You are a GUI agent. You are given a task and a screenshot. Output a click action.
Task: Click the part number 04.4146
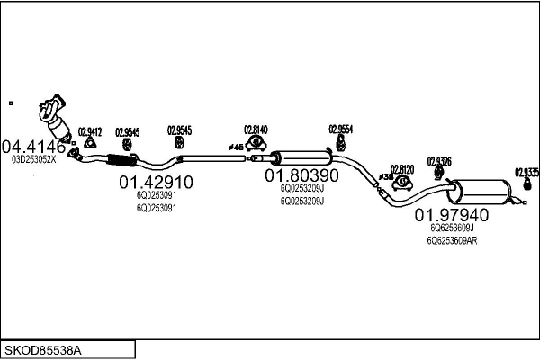click(x=34, y=146)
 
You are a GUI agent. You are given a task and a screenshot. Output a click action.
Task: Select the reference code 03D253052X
click(x=33, y=159)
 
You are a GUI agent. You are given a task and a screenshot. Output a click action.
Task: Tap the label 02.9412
click(x=90, y=130)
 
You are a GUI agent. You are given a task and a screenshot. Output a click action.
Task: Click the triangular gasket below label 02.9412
click(x=90, y=143)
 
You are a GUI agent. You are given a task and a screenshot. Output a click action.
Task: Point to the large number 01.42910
click(x=156, y=182)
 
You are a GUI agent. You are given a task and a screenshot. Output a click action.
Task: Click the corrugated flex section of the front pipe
click(x=119, y=161)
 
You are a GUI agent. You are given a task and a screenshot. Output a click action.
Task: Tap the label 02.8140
click(x=256, y=130)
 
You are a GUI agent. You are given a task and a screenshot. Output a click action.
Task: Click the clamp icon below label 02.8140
click(x=257, y=142)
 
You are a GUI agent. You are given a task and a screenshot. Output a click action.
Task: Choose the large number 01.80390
click(x=301, y=175)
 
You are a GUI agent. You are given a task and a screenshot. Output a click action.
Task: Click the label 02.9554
click(x=340, y=129)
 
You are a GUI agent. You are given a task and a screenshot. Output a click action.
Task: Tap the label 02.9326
click(x=438, y=161)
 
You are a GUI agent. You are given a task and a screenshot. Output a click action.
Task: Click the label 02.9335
click(x=526, y=171)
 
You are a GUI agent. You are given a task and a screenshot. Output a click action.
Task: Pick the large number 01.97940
click(x=452, y=215)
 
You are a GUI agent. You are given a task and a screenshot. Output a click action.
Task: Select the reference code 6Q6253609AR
click(x=452, y=240)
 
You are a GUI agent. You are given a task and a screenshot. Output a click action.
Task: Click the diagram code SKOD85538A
click(x=42, y=347)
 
